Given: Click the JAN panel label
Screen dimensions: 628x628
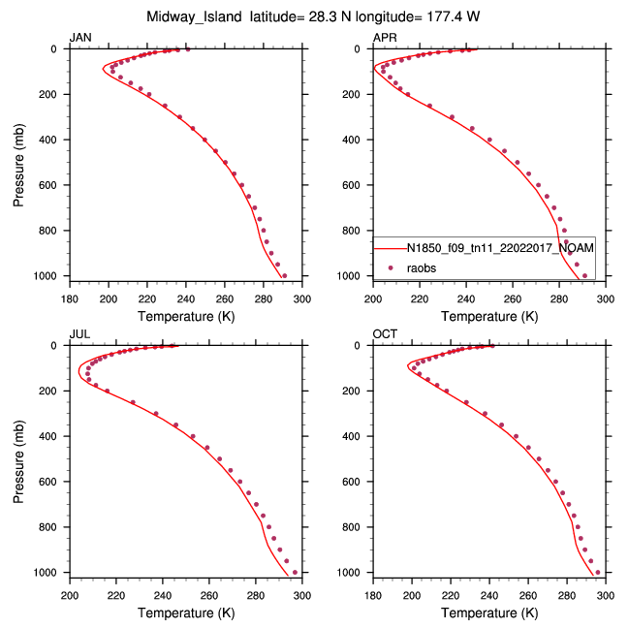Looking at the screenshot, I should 80,38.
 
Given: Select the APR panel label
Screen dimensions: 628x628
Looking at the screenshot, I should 385,38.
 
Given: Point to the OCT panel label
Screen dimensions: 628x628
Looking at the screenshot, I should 385,334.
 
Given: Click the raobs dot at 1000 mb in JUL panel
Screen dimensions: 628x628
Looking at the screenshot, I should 295,572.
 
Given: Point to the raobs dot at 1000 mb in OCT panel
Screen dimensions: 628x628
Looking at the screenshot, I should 597,572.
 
